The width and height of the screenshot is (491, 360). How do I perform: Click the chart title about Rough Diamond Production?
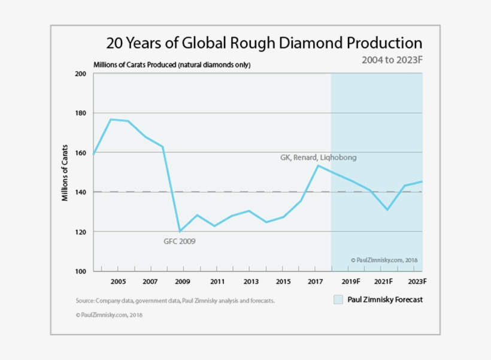click(264, 44)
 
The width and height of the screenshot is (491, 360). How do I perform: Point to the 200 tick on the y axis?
click(80, 74)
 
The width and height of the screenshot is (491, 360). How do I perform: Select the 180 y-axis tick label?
click(80, 113)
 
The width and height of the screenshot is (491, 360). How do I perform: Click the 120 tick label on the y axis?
click(80, 232)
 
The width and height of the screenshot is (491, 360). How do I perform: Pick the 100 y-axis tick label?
click(80, 271)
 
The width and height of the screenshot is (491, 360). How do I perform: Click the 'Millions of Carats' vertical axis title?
click(65, 173)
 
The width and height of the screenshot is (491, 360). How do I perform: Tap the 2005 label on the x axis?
click(117, 282)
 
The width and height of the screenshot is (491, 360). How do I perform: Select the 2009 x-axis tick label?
click(183, 282)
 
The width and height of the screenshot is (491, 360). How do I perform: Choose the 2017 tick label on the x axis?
click(316, 282)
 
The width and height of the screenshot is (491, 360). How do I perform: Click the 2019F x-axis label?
click(350, 282)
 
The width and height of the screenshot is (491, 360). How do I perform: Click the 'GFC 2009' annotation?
click(180, 241)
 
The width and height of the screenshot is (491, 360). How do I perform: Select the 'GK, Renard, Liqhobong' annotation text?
click(318, 158)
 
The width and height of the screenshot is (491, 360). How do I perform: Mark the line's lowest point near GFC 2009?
click(180, 231)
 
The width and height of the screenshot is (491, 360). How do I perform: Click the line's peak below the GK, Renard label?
click(318, 166)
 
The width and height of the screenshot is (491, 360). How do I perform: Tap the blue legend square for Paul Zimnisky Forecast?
click(339, 299)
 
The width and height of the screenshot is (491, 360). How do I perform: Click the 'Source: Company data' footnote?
click(175, 301)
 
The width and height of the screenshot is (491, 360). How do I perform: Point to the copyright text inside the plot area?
click(384, 261)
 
